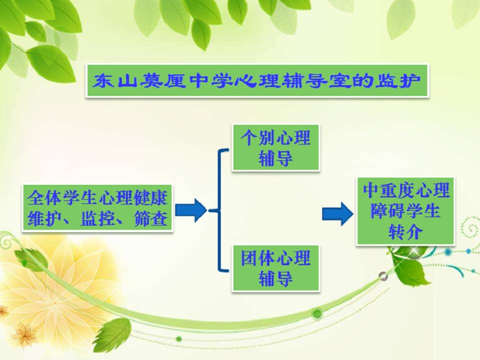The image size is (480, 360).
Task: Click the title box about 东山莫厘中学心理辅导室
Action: [257, 81]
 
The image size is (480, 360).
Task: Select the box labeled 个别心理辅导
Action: [275, 147]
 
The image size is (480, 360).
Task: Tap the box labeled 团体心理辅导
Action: [275, 268]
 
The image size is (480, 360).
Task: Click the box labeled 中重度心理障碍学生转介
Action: [406, 211]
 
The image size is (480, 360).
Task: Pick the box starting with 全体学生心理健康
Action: [97, 208]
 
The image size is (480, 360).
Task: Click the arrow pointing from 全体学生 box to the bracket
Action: [191, 210]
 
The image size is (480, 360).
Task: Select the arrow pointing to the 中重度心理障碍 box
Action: [337, 214]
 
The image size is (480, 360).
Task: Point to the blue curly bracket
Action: [220, 210]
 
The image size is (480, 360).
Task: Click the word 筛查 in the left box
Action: [151, 218]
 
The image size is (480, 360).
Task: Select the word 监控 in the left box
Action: [98, 218]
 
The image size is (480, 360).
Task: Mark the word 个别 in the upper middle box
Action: [258, 138]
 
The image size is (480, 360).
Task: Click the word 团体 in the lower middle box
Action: [258, 259]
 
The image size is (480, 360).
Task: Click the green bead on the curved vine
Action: [317, 313]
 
